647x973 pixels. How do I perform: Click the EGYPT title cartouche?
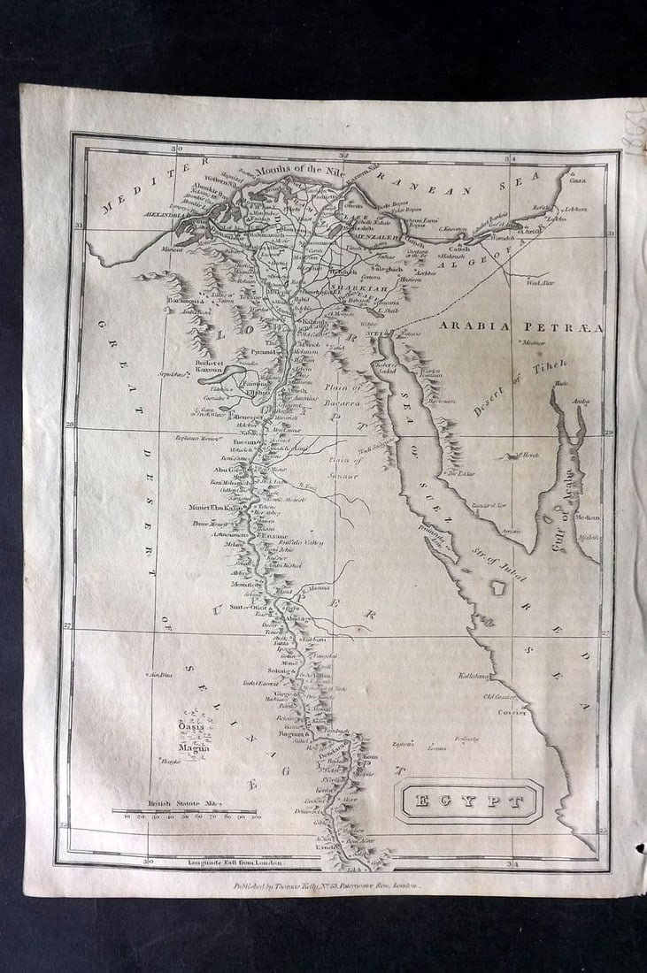[467, 801]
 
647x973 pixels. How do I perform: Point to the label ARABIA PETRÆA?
[520, 326]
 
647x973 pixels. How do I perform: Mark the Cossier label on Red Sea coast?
[512, 711]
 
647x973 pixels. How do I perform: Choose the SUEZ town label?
[374, 334]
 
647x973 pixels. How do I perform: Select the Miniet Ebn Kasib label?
[215, 508]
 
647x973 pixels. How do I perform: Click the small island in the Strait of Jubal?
[498, 587]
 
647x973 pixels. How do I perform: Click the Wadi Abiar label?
[539, 282]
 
